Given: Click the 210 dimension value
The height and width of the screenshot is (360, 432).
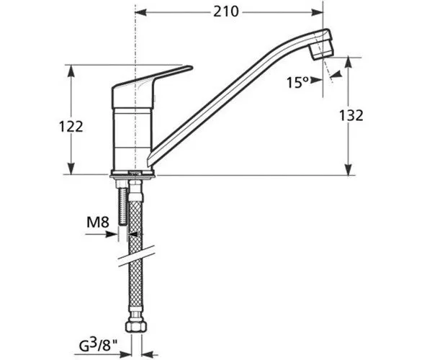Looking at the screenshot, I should pos(228,12).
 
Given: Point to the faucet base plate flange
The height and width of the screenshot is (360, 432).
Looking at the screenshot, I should pos(132,174).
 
